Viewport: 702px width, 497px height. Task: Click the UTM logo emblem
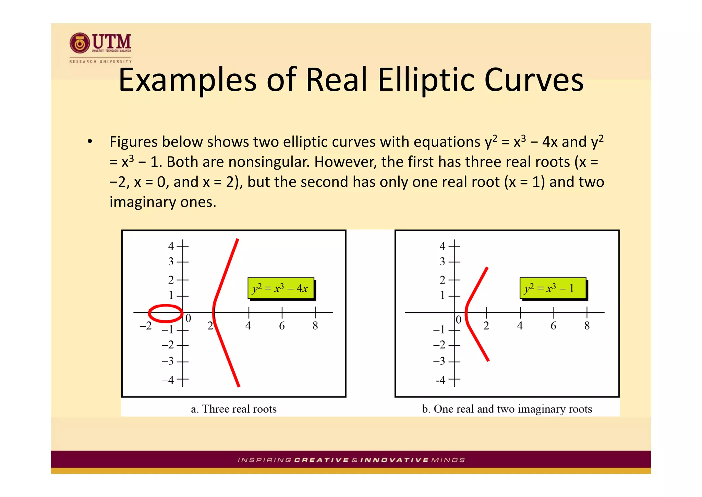point(80,43)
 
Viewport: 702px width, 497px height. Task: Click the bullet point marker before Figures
point(90,141)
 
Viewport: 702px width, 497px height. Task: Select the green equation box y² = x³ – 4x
point(280,288)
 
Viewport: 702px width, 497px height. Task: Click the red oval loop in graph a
point(166,313)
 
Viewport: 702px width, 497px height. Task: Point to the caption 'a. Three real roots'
point(233,409)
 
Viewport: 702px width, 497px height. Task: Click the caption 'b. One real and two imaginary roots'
point(507,409)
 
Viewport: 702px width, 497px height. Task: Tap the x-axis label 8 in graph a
point(315,326)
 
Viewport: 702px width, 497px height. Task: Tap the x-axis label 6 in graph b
point(553,326)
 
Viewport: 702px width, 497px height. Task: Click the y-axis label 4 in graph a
point(171,246)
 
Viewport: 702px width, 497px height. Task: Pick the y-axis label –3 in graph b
point(439,361)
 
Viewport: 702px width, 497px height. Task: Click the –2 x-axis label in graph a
point(146,326)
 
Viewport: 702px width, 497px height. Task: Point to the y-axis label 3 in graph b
point(443,262)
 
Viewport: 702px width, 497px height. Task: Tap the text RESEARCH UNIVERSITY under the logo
point(100,61)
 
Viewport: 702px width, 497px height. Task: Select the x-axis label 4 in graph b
point(520,326)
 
